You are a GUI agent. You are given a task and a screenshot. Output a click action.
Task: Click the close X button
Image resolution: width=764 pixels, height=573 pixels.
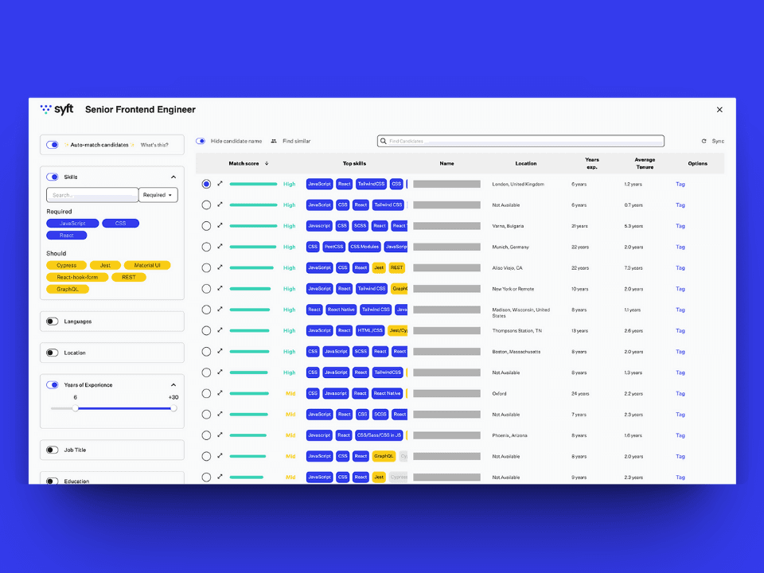click(x=719, y=110)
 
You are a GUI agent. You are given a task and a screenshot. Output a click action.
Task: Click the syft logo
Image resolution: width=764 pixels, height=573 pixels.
click(x=57, y=109)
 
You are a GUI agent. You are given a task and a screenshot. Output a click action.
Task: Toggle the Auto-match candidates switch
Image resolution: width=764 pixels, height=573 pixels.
click(x=53, y=145)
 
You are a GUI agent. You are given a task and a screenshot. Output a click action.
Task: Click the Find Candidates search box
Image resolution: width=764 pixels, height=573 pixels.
click(x=520, y=141)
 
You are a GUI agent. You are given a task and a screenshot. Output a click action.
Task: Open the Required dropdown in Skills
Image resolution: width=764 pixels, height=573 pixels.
click(x=158, y=195)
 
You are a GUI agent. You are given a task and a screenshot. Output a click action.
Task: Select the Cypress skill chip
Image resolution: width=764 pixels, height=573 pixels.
click(x=66, y=265)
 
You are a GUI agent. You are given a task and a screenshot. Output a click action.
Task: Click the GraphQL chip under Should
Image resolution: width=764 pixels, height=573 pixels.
click(x=67, y=289)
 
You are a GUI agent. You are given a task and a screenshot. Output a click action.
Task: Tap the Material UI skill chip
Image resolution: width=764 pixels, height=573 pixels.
click(x=146, y=265)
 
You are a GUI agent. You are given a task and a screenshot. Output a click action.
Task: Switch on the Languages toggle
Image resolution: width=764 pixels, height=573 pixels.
click(x=53, y=322)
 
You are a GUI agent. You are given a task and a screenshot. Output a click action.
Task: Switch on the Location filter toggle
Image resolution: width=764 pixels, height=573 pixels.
click(x=53, y=353)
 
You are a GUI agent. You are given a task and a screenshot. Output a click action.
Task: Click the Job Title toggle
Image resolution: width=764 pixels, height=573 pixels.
click(x=53, y=450)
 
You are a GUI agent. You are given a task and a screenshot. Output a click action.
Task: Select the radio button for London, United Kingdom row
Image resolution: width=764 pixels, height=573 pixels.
click(x=206, y=184)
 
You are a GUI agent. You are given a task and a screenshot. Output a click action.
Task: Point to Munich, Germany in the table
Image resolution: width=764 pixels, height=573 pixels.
click(x=510, y=247)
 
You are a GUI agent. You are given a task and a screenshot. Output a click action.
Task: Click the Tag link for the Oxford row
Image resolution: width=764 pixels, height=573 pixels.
click(x=680, y=393)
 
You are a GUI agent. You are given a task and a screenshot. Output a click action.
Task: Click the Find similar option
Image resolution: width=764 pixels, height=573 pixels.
click(x=291, y=141)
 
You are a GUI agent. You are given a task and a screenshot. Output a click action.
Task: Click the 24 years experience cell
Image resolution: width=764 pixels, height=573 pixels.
click(x=580, y=393)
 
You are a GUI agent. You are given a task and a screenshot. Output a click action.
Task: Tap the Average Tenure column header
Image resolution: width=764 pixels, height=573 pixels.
click(x=644, y=163)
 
